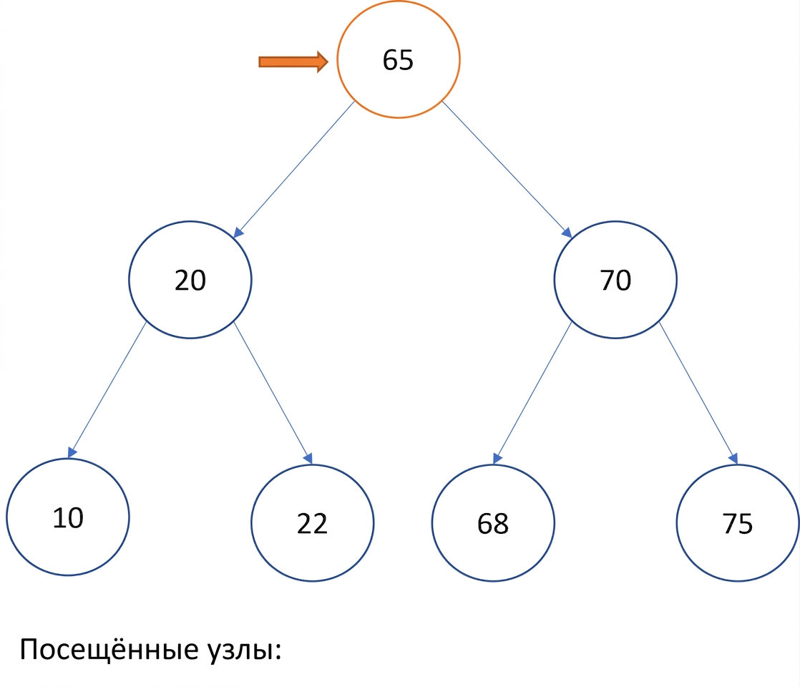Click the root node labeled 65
pos(399,59)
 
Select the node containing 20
pos(190,280)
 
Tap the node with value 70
pos(615,280)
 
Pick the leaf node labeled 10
pos(68,517)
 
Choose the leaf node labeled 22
pos(312,522)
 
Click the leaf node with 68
pos(493,522)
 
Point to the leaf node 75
pos(738,522)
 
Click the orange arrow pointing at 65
pos(293,62)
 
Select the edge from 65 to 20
pos(294,170)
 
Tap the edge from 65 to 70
pos(507,170)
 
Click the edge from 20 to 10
pos(107,390)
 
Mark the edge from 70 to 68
pos(532,393)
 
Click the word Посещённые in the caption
pos(109,649)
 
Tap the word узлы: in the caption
pos(245,651)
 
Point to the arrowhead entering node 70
pos(567,233)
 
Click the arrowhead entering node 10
pos(72,452)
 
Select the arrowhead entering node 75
pos(733,458)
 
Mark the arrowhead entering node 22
pos(308,458)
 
